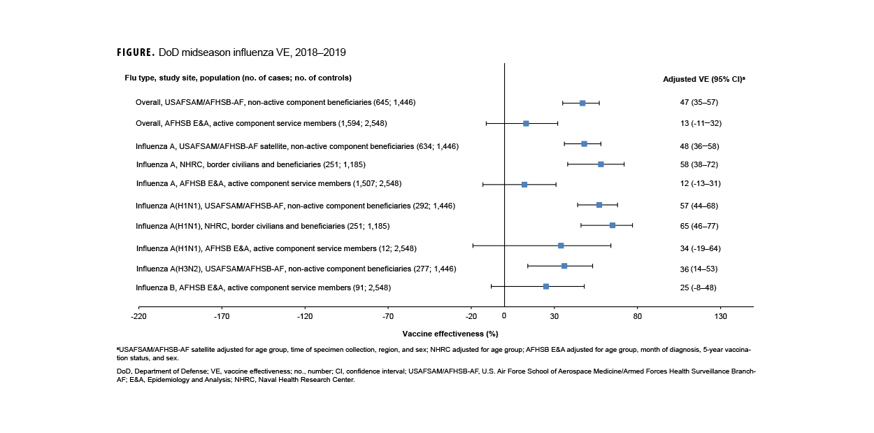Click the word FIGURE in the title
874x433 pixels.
[136, 52]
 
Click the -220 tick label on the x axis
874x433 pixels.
[138, 316]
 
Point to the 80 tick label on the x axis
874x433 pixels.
[637, 316]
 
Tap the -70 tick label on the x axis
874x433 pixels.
[388, 316]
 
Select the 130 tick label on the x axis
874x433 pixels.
[720, 316]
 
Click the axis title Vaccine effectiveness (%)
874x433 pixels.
[450, 334]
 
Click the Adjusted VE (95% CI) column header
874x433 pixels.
[703, 79]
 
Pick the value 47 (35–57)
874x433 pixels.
[699, 102]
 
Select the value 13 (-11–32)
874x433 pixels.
[700, 123]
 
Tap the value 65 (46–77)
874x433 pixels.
[699, 226]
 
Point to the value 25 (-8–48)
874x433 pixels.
[698, 287]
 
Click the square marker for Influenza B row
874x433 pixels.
[546, 286]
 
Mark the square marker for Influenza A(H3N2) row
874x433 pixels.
[564, 266]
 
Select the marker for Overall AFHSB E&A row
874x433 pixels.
[526, 123]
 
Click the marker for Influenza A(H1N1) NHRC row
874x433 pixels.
[612, 225]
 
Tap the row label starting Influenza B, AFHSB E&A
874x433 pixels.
[263, 288]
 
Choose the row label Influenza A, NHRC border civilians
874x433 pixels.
[250, 164]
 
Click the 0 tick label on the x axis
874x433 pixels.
[504, 316]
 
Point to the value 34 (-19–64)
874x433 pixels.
[700, 248]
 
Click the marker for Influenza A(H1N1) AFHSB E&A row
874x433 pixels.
[561, 246]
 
